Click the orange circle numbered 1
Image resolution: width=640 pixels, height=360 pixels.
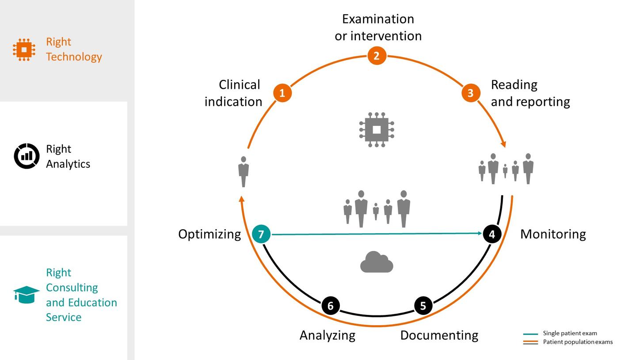(282, 93)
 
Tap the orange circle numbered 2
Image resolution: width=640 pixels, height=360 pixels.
(377, 56)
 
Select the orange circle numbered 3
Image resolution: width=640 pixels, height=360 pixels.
(471, 93)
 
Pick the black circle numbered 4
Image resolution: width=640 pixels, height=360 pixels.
(492, 234)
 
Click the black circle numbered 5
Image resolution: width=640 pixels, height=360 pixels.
(423, 306)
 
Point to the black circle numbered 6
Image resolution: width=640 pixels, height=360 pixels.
(331, 306)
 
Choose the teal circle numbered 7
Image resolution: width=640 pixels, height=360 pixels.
(261, 234)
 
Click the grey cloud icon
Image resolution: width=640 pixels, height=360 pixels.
(377, 262)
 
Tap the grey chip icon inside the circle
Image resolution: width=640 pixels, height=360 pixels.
(377, 129)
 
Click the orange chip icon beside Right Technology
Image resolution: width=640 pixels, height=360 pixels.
(24, 49)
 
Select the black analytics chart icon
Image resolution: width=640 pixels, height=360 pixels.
(27, 156)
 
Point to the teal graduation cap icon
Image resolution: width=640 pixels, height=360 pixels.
(26, 295)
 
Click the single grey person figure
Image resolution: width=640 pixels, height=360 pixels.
(244, 171)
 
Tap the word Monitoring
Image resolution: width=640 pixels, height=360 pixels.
(553, 234)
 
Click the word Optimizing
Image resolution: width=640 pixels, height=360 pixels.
(210, 235)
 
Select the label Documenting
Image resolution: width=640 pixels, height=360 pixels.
(439, 336)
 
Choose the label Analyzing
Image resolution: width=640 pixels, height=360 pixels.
(328, 336)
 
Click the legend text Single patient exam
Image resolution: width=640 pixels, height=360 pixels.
(570, 333)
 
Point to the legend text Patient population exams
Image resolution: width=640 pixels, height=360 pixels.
(578, 342)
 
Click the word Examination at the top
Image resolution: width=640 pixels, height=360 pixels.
(378, 19)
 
